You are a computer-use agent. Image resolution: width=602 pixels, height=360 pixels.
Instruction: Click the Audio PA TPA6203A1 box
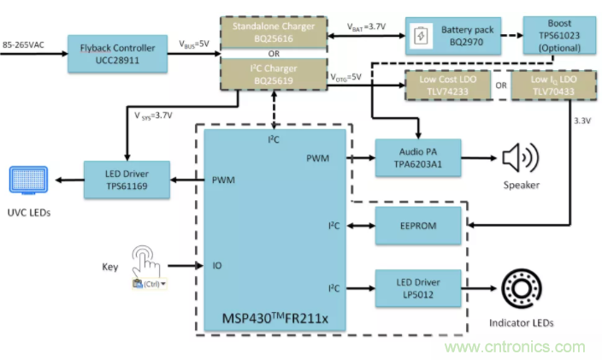tap(418, 159)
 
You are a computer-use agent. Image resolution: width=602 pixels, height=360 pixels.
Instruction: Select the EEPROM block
tap(418, 228)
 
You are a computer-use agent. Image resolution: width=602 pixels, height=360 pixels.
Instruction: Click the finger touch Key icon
tap(150, 263)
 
